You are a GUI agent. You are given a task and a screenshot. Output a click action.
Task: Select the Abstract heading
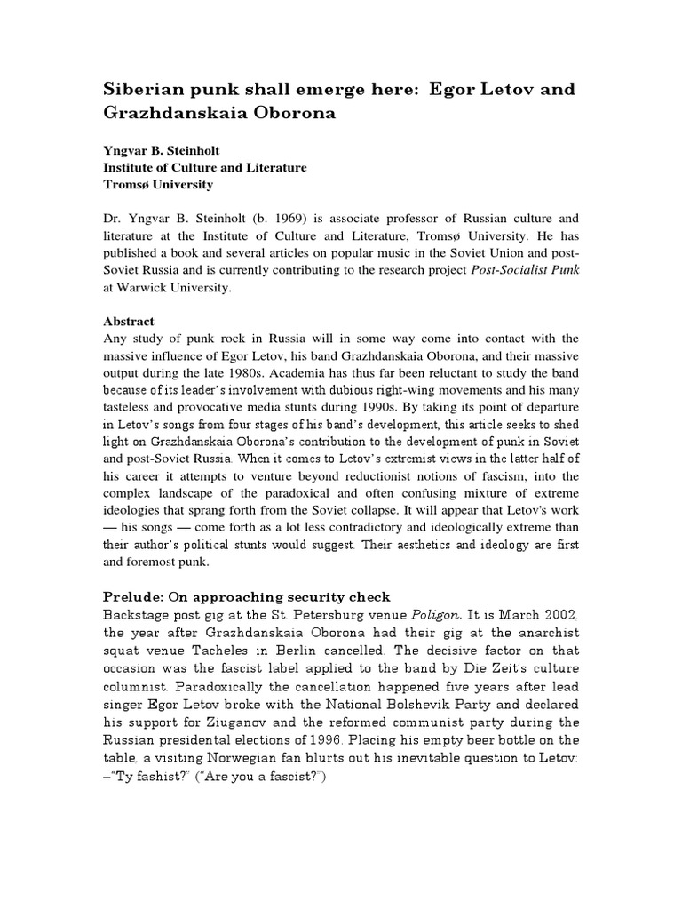(130, 322)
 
